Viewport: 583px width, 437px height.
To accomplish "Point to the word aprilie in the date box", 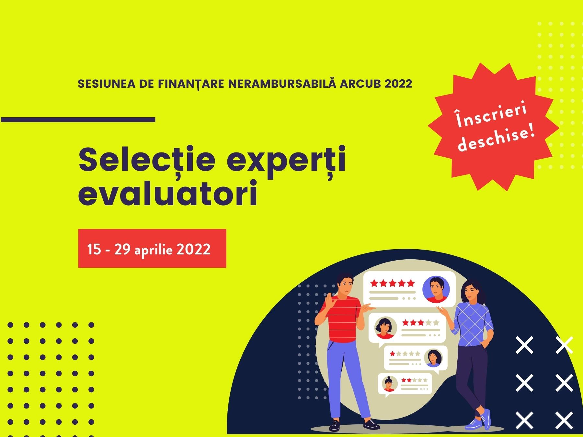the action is tap(153, 250).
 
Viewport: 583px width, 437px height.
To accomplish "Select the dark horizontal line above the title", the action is tap(78, 119).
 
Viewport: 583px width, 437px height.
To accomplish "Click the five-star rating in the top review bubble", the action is tap(392, 284).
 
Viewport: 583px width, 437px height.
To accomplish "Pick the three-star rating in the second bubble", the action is tap(420, 323).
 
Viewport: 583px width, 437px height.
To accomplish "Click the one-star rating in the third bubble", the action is tap(405, 353).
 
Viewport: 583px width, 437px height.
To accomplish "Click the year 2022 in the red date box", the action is tap(193, 250).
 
